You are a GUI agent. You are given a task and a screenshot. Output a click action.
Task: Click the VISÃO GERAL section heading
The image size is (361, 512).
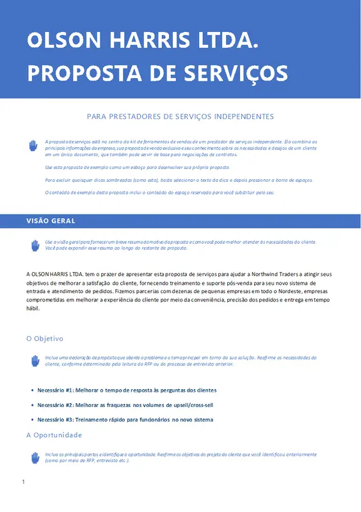tap(51, 221)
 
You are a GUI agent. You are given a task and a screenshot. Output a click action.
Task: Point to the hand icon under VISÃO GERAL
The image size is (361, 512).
tap(35, 245)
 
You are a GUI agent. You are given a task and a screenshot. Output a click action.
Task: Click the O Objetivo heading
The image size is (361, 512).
tap(45, 338)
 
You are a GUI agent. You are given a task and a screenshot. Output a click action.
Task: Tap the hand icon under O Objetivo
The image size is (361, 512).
tap(35, 361)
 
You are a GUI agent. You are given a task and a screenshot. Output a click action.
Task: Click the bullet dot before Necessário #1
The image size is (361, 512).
tap(32, 390)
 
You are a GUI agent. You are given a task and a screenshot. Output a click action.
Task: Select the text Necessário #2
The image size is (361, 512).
tap(56, 404)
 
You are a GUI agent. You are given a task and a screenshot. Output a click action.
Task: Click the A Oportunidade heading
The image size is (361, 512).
tap(54, 435)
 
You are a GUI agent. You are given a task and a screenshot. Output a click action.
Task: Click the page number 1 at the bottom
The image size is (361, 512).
tap(23, 481)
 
